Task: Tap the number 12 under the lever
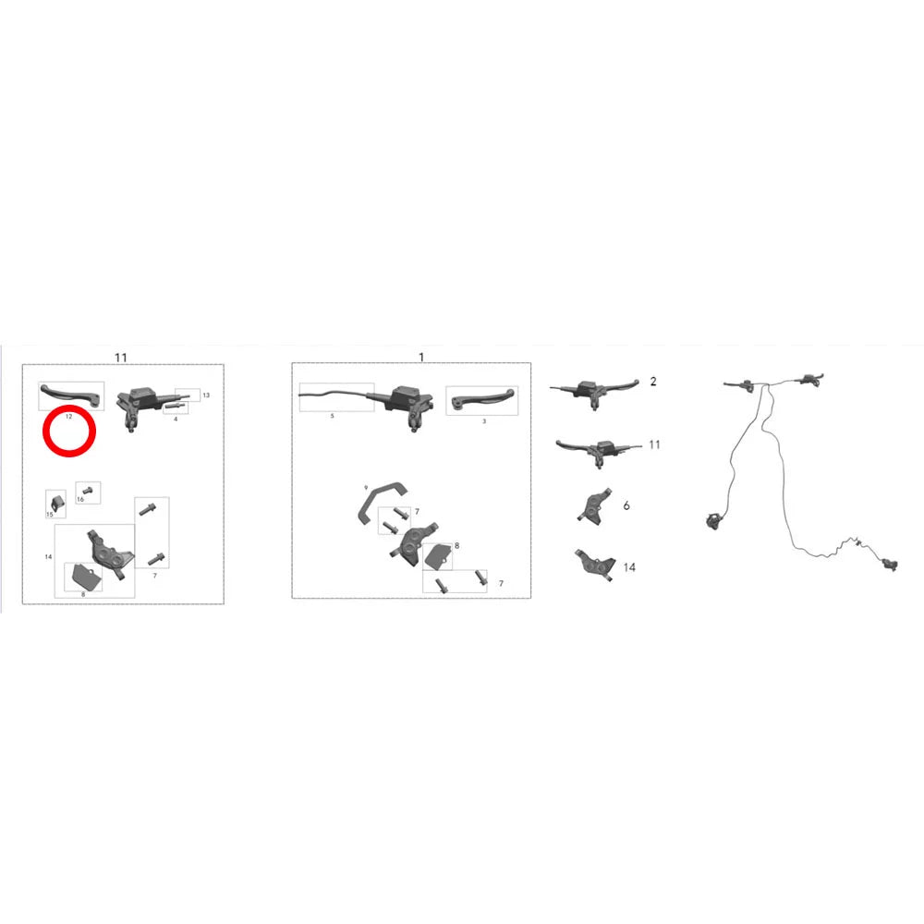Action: [x=69, y=417]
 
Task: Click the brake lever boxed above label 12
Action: [x=71, y=395]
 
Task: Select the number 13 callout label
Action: [x=206, y=395]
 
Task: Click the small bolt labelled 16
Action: [x=88, y=490]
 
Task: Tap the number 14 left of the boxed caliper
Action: [x=48, y=556]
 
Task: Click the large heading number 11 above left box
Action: [x=121, y=358]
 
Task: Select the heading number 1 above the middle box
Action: [x=420, y=357]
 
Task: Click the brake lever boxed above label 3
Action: [x=482, y=400]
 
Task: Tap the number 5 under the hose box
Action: [x=333, y=416]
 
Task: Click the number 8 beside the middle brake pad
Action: [x=456, y=546]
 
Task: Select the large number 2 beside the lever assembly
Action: [x=653, y=382]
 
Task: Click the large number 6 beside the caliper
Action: [x=626, y=505]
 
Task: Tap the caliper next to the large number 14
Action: [x=594, y=565]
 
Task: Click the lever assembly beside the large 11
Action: [x=598, y=452]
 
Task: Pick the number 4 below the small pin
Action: [x=176, y=419]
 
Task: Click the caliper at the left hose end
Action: [x=713, y=519]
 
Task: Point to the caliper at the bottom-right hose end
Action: [x=889, y=565]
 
